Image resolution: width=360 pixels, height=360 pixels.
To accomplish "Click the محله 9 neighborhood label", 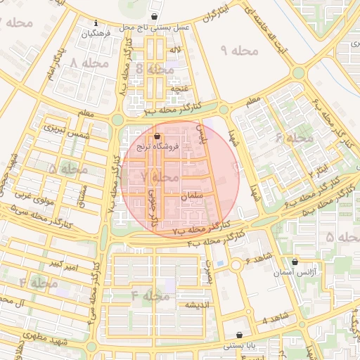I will [x=239, y=51].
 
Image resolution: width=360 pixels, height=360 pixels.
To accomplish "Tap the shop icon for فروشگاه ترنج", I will [x=157, y=136].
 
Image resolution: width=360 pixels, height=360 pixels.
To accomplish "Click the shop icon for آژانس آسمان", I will [x=295, y=262].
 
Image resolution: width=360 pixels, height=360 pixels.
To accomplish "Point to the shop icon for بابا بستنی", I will [x=240, y=335].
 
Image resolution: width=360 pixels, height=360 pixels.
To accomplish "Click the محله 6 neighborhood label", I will [x=294, y=138].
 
